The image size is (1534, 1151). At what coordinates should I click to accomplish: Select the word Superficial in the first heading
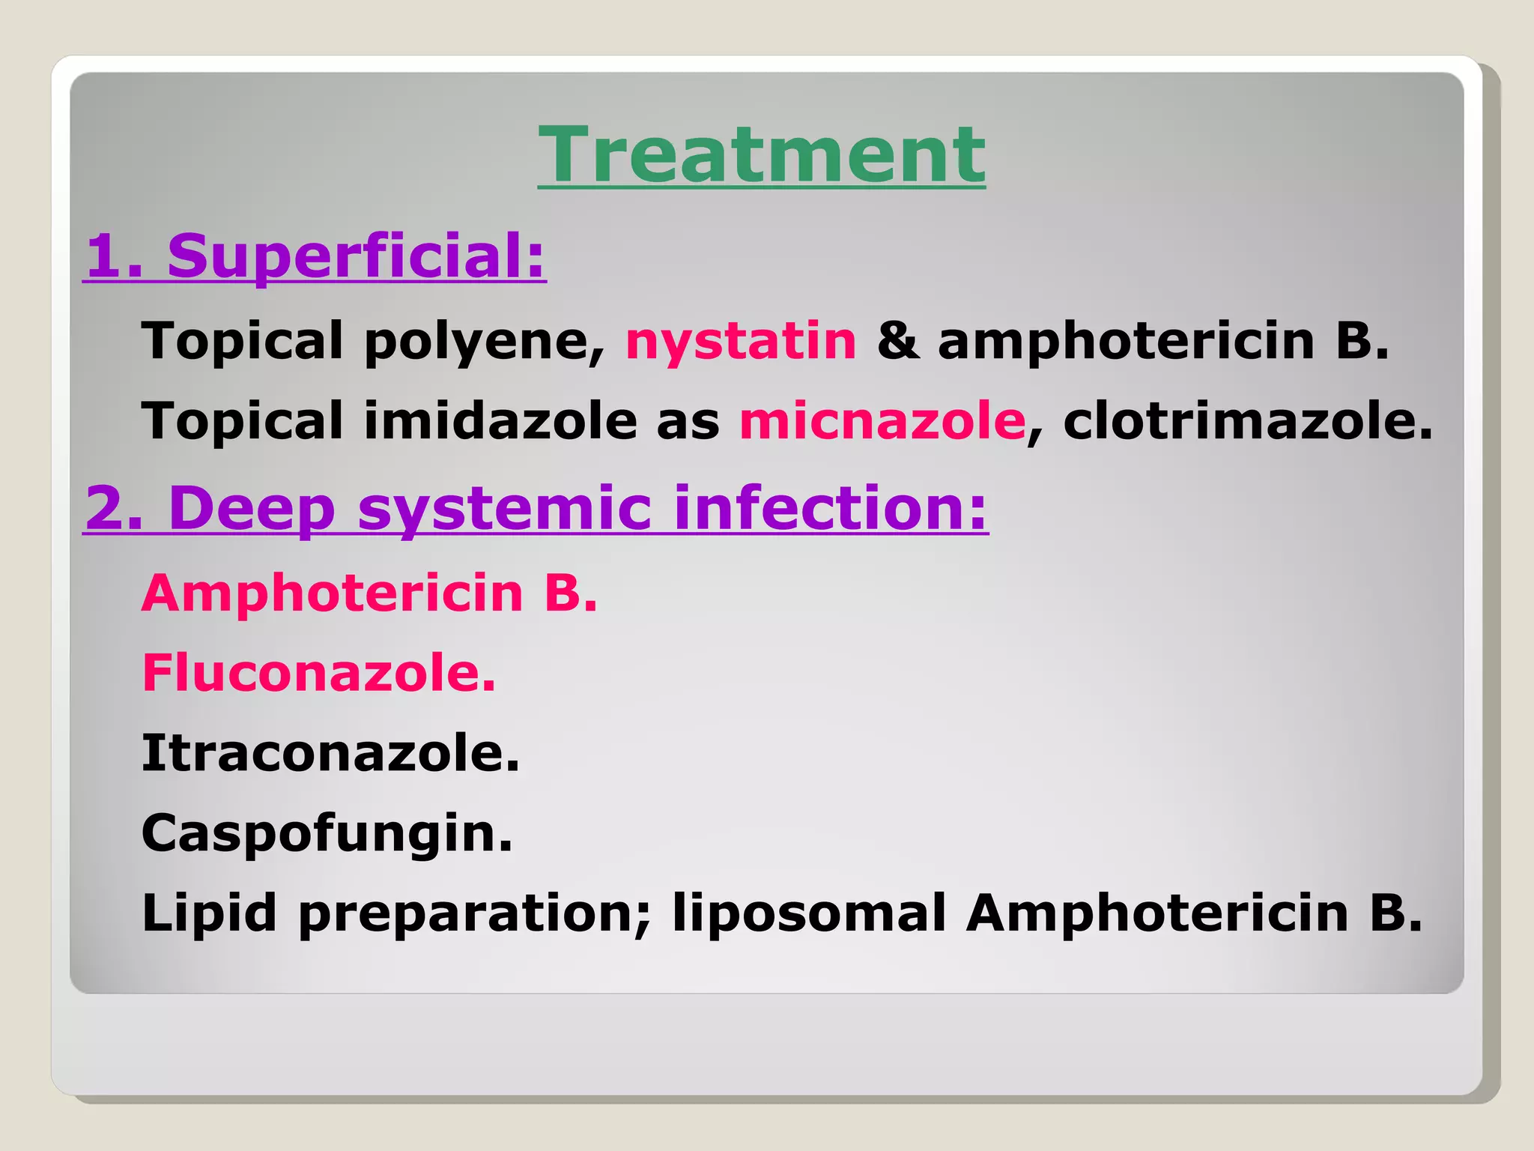click(356, 256)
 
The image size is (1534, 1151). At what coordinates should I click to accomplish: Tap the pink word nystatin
click(741, 341)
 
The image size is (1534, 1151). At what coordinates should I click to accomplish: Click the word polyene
click(484, 342)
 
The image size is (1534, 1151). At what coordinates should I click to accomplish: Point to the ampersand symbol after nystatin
click(897, 341)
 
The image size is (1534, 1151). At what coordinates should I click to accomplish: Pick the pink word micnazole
click(882, 420)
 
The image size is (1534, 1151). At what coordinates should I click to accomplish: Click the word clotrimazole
click(1246, 420)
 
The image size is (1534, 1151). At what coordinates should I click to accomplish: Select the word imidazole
click(500, 420)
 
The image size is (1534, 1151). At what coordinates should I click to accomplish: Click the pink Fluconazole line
click(318, 672)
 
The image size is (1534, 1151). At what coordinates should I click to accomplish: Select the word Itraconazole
click(330, 752)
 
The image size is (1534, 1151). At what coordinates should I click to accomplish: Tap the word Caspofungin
click(327, 833)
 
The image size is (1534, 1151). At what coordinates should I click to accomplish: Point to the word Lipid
click(209, 913)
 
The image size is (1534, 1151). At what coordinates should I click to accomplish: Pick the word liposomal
click(809, 915)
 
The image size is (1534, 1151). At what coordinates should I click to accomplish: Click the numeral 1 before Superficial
click(104, 257)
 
